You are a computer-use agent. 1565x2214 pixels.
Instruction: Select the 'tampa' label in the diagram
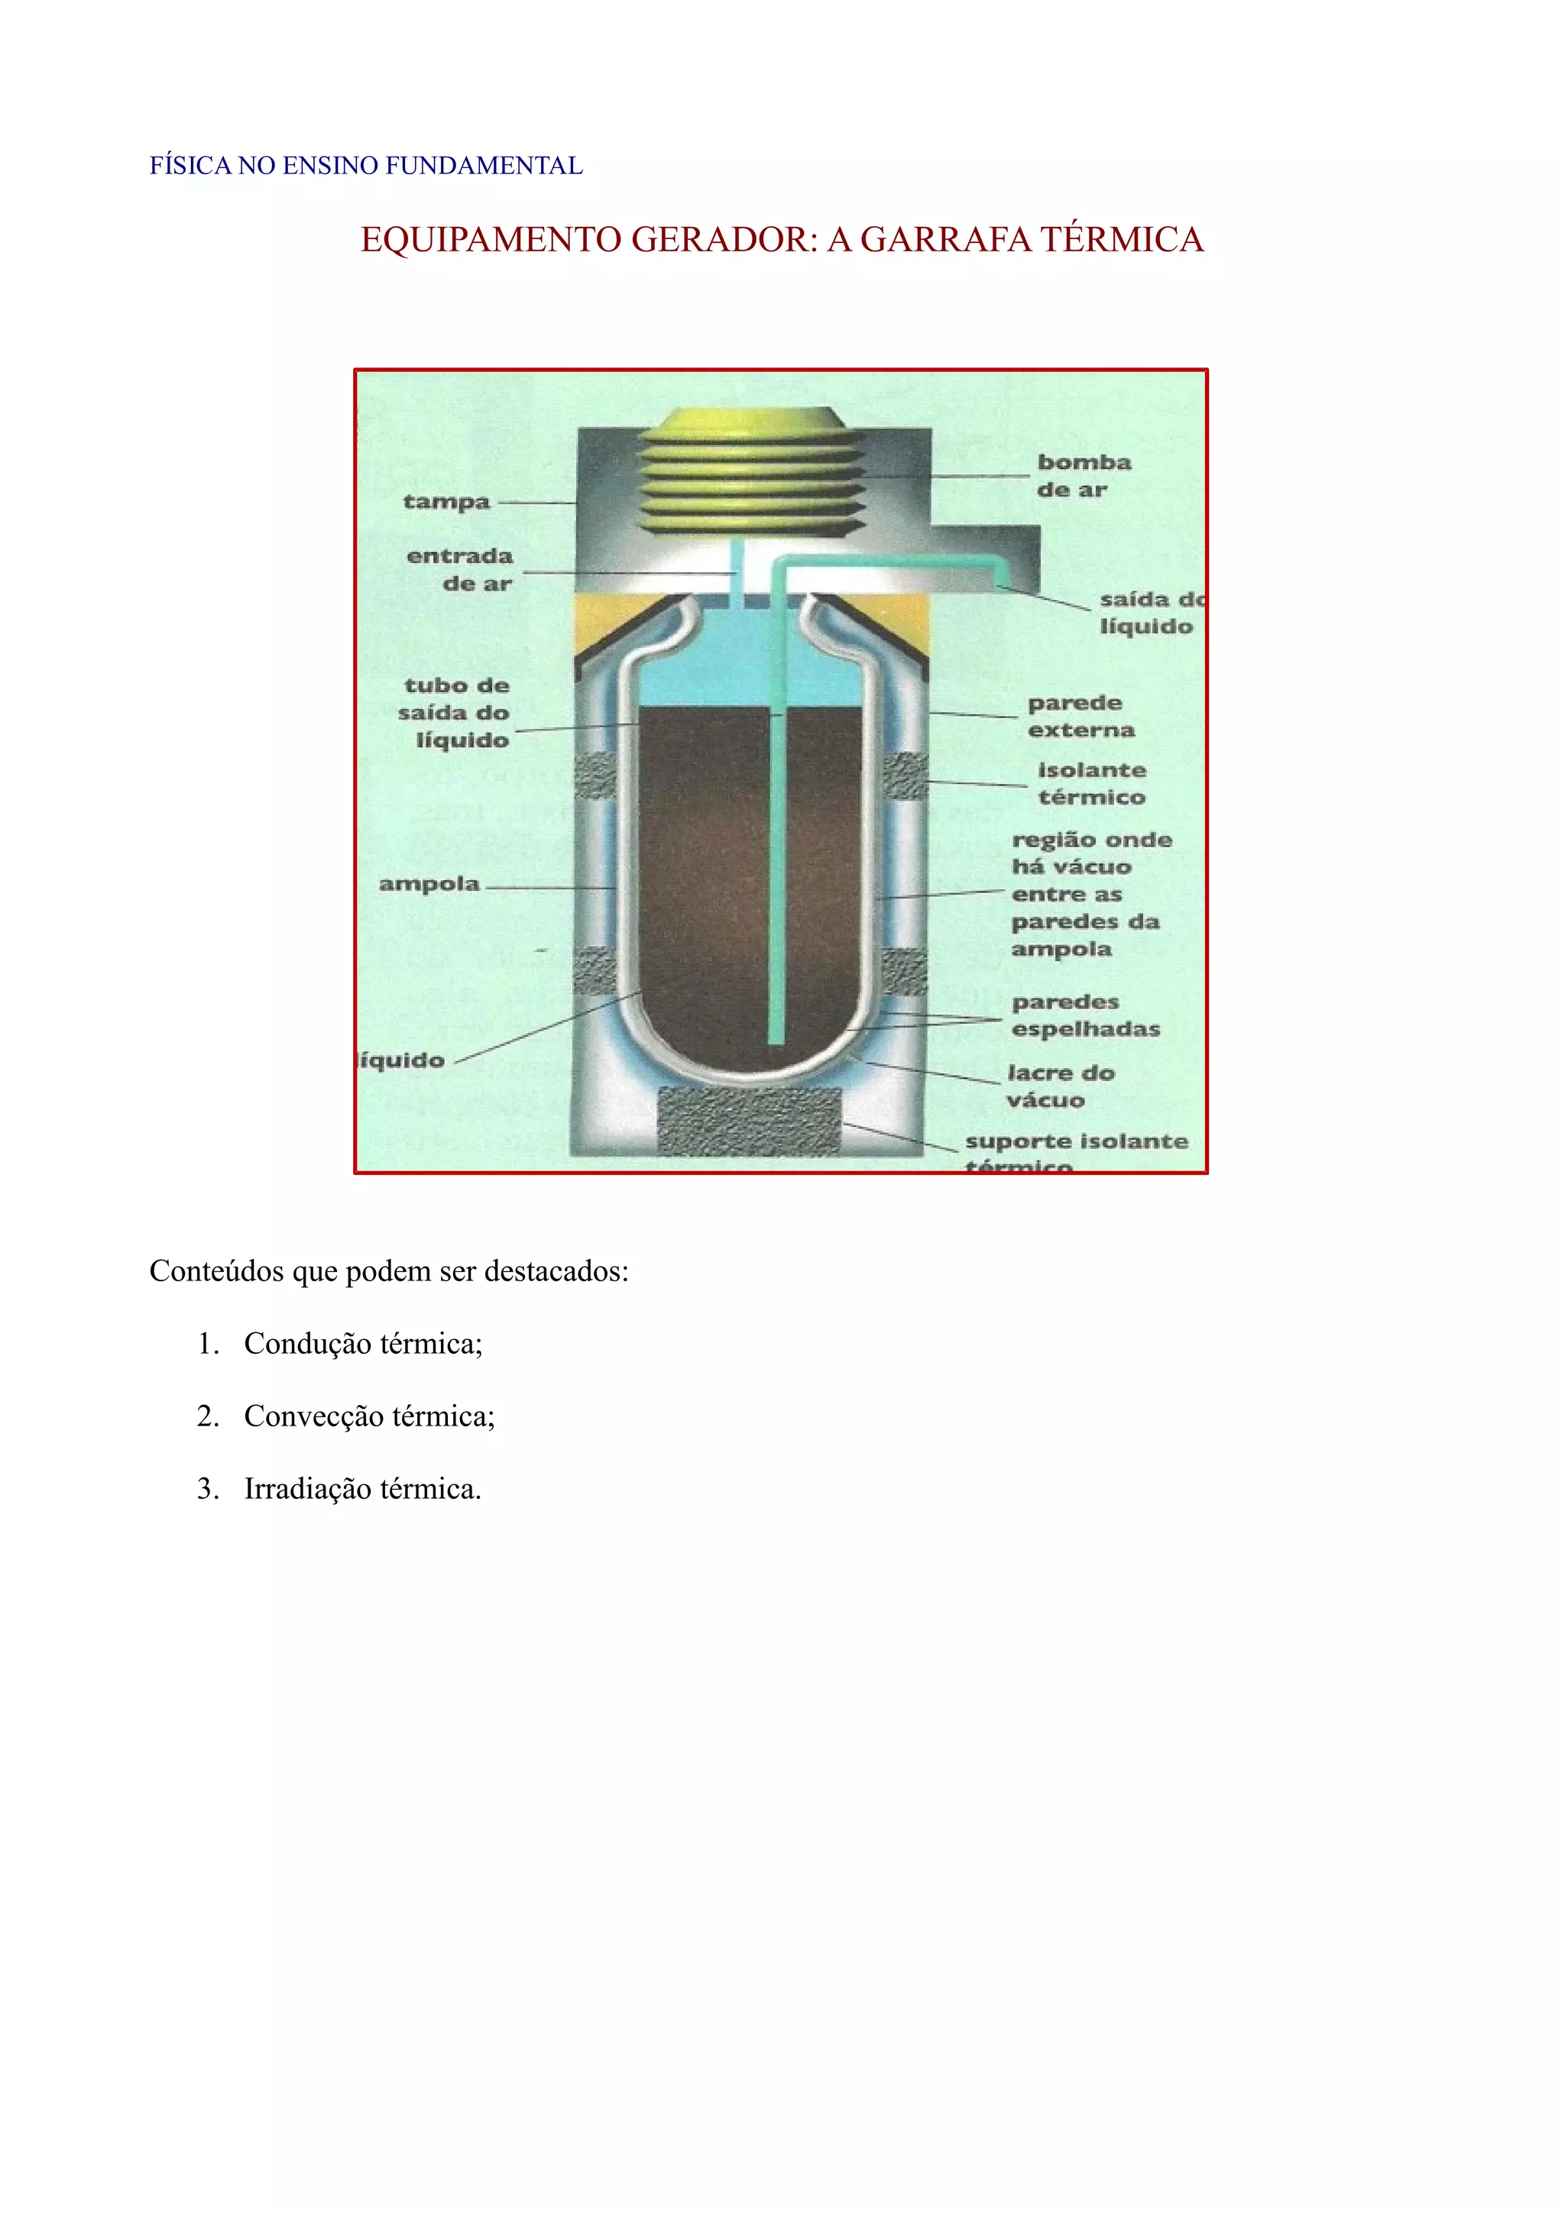[x=446, y=501]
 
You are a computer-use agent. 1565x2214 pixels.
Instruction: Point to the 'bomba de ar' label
[x=1083, y=475]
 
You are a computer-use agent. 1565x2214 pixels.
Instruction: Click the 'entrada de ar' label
[x=460, y=569]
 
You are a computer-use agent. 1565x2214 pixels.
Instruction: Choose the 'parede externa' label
[x=1079, y=717]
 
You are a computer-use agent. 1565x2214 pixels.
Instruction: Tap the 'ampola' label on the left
[x=429, y=884]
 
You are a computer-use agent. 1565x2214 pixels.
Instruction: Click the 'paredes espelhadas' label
[x=1085, y=1015]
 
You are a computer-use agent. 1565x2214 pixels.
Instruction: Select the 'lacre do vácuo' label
[x=1060, y=1086]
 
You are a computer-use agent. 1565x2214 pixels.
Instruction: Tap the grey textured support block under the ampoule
[x=749, y=1121]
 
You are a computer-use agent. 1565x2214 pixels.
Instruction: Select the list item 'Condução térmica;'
[x=362, y=1343]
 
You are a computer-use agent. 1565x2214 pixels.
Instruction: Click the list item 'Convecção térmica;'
[x=368, y=1416]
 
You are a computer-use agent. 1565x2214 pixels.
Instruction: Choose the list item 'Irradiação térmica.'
[x=361, y=1489]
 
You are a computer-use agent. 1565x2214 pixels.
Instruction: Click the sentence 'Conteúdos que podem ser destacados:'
[x=389, y=1271]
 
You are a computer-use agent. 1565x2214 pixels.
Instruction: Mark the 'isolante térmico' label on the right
[x=1091, y=783]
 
